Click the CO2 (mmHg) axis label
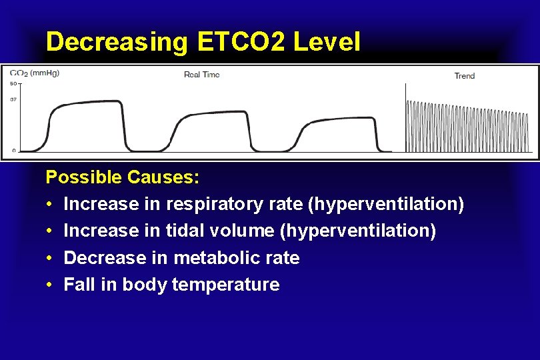(x=34, y=73)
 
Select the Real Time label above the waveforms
(x=201, y=75)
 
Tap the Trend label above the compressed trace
(x=464, y=76)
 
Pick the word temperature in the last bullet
(x=225, y=285)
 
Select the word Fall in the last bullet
(x=78, y=285)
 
